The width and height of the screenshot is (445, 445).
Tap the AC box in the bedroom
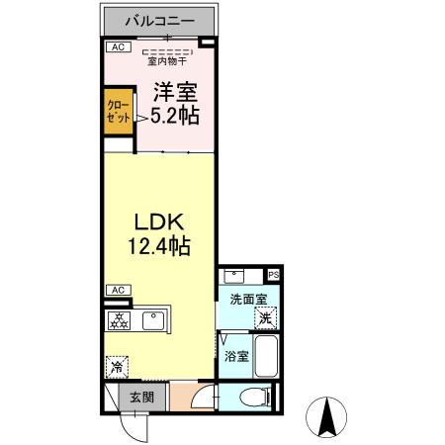pos(117,46)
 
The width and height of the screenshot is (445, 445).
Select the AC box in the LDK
pos(117,289)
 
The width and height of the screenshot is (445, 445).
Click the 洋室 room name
pos(174,93)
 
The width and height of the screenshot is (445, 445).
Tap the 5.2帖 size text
pos(174,116)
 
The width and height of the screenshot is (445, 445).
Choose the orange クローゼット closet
pos(118,111)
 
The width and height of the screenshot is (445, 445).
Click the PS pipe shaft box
pos(273,275)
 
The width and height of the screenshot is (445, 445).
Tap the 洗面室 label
pos(247,298)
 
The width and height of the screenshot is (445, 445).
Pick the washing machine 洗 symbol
pos(264,318)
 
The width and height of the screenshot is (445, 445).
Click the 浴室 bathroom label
pos(235,357)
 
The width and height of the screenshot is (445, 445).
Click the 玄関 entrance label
pos(140,398)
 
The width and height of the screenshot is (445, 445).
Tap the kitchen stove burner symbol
pos(118,320)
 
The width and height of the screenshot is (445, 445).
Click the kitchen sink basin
pos(153,320)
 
